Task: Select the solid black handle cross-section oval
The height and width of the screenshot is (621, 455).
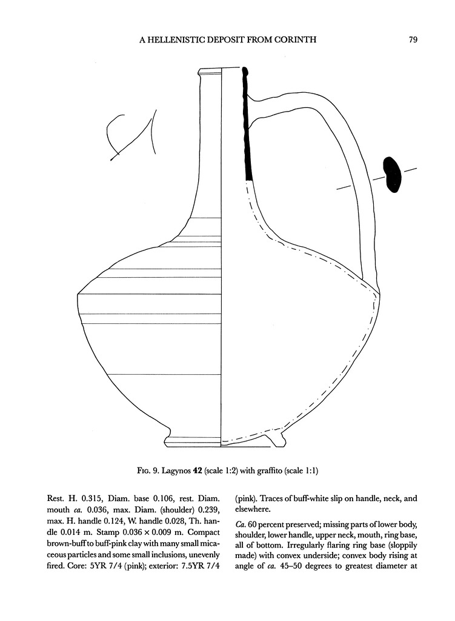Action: pyautogui.click(x=392, y=174)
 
